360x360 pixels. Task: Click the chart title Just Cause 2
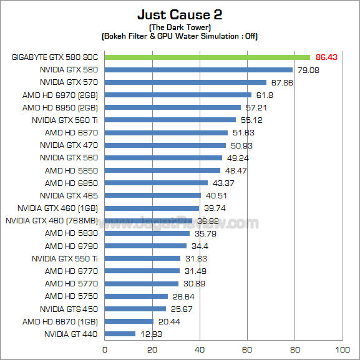(x=180, y=14)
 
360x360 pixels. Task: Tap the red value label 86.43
(x=326, y=57)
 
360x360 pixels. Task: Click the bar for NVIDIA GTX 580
(x=198, y=69)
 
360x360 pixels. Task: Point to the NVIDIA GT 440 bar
(x=120, y=334)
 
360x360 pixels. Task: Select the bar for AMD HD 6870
(x=166, y=132)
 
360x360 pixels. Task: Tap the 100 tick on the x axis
(x=342, y=349)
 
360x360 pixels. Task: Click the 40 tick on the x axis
(x=200, y=349)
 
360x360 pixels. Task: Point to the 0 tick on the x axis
(x=105, y=349)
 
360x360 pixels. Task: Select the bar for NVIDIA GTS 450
(x=135, y=309)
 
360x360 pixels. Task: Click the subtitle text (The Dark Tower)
(x=180, y=27)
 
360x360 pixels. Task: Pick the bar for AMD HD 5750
(x=136, y=296)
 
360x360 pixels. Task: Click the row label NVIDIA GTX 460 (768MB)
(x=52, y=220)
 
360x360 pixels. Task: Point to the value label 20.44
(x=167, y=321)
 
